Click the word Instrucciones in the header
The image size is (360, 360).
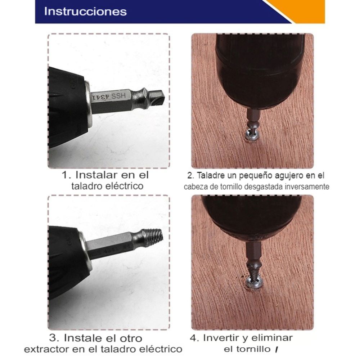point(85,12)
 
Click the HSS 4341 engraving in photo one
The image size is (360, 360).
point(109,96)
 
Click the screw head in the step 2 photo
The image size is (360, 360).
point(252,135)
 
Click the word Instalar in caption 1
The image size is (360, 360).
point(96,175)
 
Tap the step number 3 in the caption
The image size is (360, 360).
point(54,338)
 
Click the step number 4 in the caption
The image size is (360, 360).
point(194,338)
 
